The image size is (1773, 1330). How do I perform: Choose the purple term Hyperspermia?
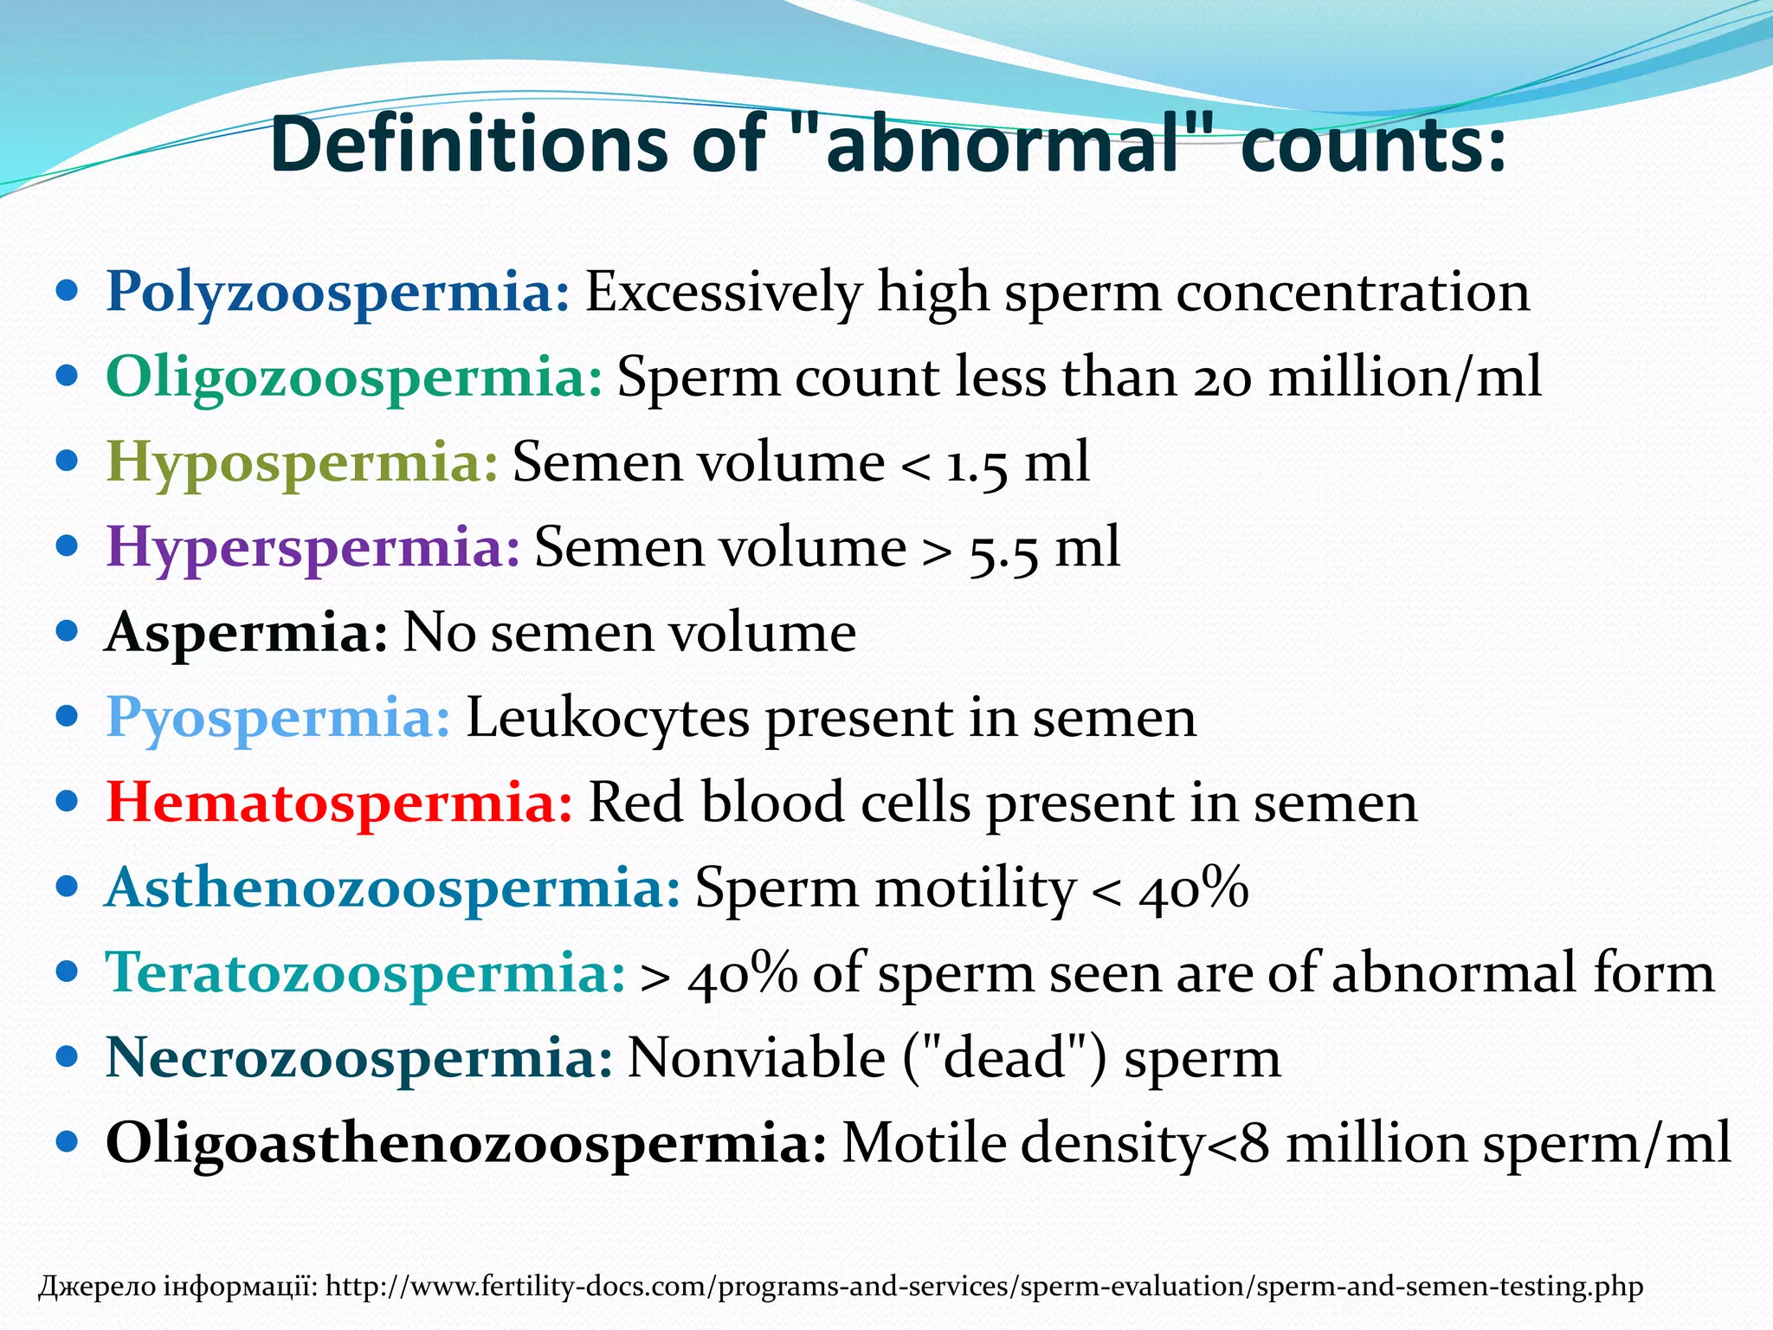(x=313, y=547)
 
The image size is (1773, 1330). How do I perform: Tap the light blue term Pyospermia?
(x=278, y=718)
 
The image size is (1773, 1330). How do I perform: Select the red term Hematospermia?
(x=338, y=803)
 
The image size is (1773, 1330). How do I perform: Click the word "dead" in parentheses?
(x=1003, y=1058)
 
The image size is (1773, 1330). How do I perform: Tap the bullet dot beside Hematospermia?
(x=67, y=802)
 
